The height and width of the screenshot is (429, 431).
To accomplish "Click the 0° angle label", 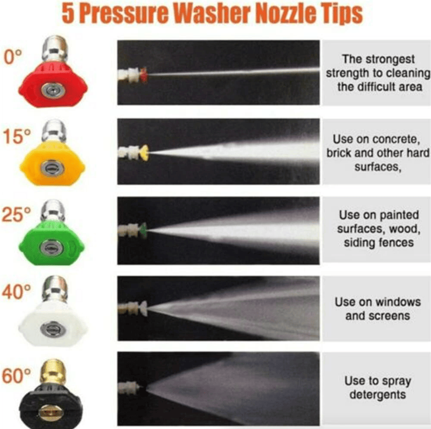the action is [12, 57].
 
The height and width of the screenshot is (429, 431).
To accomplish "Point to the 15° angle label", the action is [17, 137].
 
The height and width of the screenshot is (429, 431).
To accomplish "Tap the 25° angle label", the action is [16, 214].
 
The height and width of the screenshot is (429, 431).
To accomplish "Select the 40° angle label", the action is [16, 292].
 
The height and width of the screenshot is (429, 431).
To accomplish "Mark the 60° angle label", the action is [16, 376].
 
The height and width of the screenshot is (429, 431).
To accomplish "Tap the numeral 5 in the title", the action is [68, 14].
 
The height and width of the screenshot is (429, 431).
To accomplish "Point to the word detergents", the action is [378, 395].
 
